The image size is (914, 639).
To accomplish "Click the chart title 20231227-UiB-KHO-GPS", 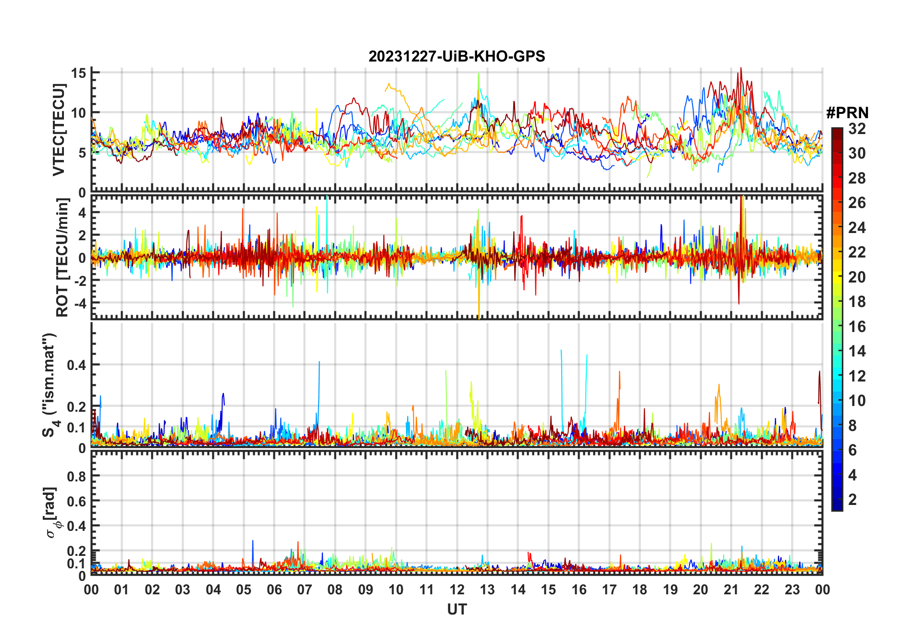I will (x=457, y=57).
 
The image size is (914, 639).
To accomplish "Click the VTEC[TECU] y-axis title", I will (x=59, y=130).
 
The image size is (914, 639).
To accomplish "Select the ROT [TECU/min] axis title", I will (x=62, y=257).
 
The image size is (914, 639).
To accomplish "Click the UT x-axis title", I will (x=457, y=609).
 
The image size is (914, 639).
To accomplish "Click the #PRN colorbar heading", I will (x=847, y=113).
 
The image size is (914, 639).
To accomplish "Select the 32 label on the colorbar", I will (x=857, y=129).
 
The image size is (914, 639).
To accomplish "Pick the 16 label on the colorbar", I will (x=857, y=327).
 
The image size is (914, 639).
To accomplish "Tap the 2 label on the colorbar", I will (x=852, y=500).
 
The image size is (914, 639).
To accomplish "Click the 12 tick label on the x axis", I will (x=457, y=590).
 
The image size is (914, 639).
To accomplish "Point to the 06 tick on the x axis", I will (x=274, y=590).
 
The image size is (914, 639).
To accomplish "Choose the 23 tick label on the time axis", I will (x=792, y=590).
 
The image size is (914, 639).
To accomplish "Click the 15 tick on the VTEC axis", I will (x=78, y=73).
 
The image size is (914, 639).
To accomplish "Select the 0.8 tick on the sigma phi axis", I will (x=76, y=476).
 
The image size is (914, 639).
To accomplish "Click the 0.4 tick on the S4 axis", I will (x=76, y=365).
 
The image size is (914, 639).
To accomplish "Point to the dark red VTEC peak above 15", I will (x=741, y=70).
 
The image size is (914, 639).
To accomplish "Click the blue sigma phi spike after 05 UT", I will (x=253, y=542).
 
